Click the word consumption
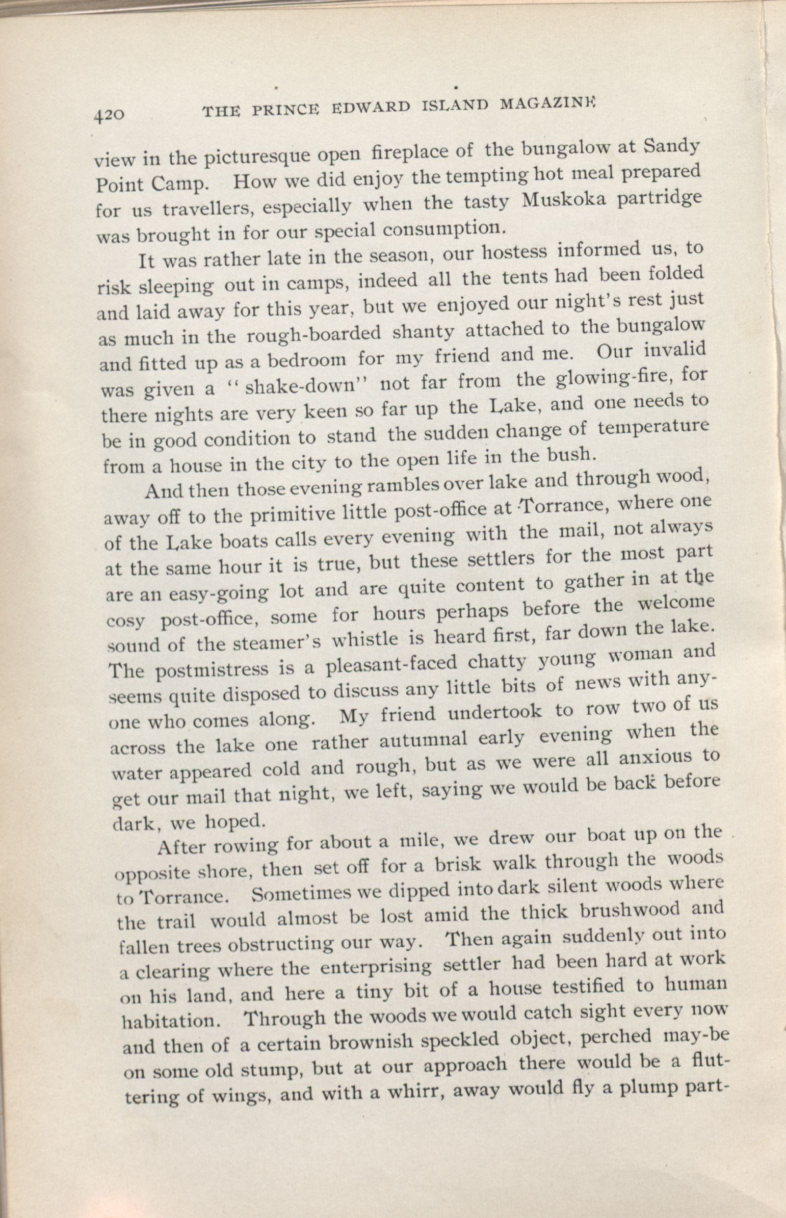(444, 228)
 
